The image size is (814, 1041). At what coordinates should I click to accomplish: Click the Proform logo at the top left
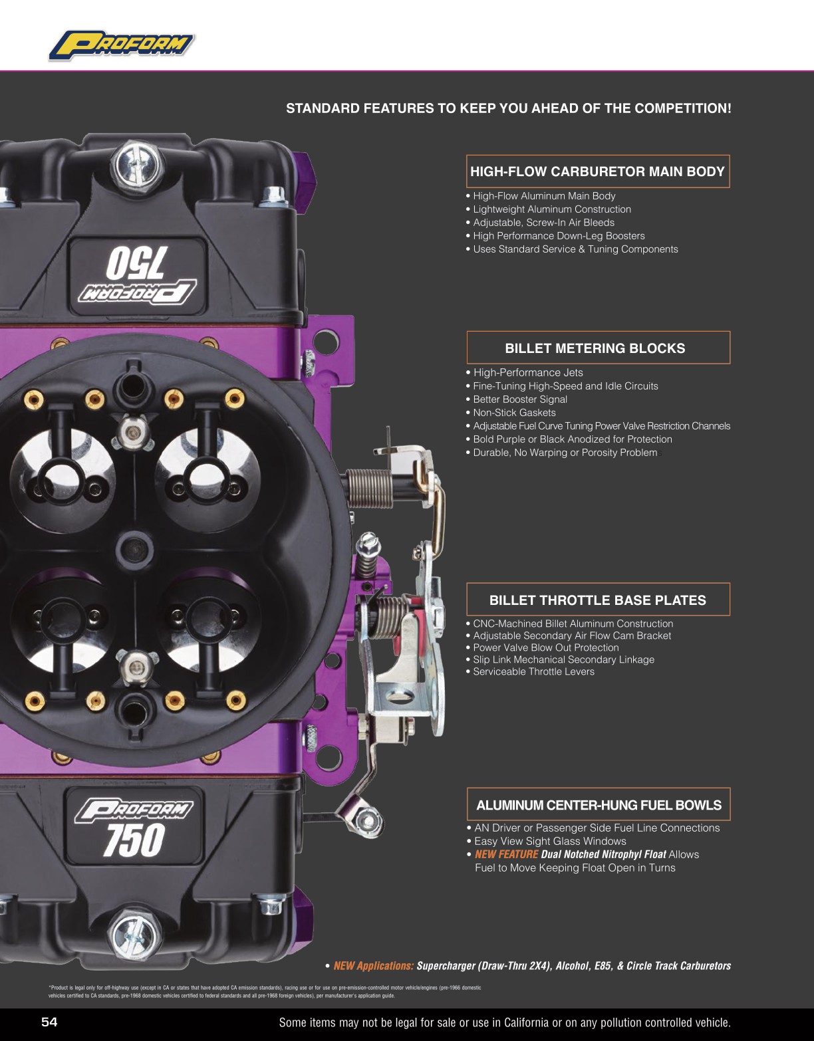click(122, 46)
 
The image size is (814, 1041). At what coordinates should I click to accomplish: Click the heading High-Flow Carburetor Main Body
click(597, 172)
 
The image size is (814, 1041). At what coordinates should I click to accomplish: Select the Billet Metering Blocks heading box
click(597, 348)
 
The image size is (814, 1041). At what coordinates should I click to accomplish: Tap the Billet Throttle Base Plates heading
click(597, 600)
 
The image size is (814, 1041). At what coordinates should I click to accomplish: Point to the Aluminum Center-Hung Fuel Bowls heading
click(598, 805)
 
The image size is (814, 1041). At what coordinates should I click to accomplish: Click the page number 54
click(49, 1022)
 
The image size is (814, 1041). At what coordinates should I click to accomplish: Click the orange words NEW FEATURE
click(506, 855)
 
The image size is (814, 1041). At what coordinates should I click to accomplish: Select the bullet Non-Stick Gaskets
click(513, 413)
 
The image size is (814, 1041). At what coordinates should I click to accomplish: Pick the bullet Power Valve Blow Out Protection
click(545, 647)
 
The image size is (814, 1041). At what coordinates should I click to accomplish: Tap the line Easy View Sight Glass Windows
click(549, 842)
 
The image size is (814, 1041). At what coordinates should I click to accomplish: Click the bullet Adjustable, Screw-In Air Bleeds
click(543, 223)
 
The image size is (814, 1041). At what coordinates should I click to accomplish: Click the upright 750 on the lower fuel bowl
click(134, 840)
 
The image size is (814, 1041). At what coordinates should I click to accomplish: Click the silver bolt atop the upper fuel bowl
click(137, 164)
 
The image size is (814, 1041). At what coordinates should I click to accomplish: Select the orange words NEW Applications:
click(373, 966)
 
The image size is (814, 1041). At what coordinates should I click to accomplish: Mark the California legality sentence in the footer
click(504, 1022)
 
